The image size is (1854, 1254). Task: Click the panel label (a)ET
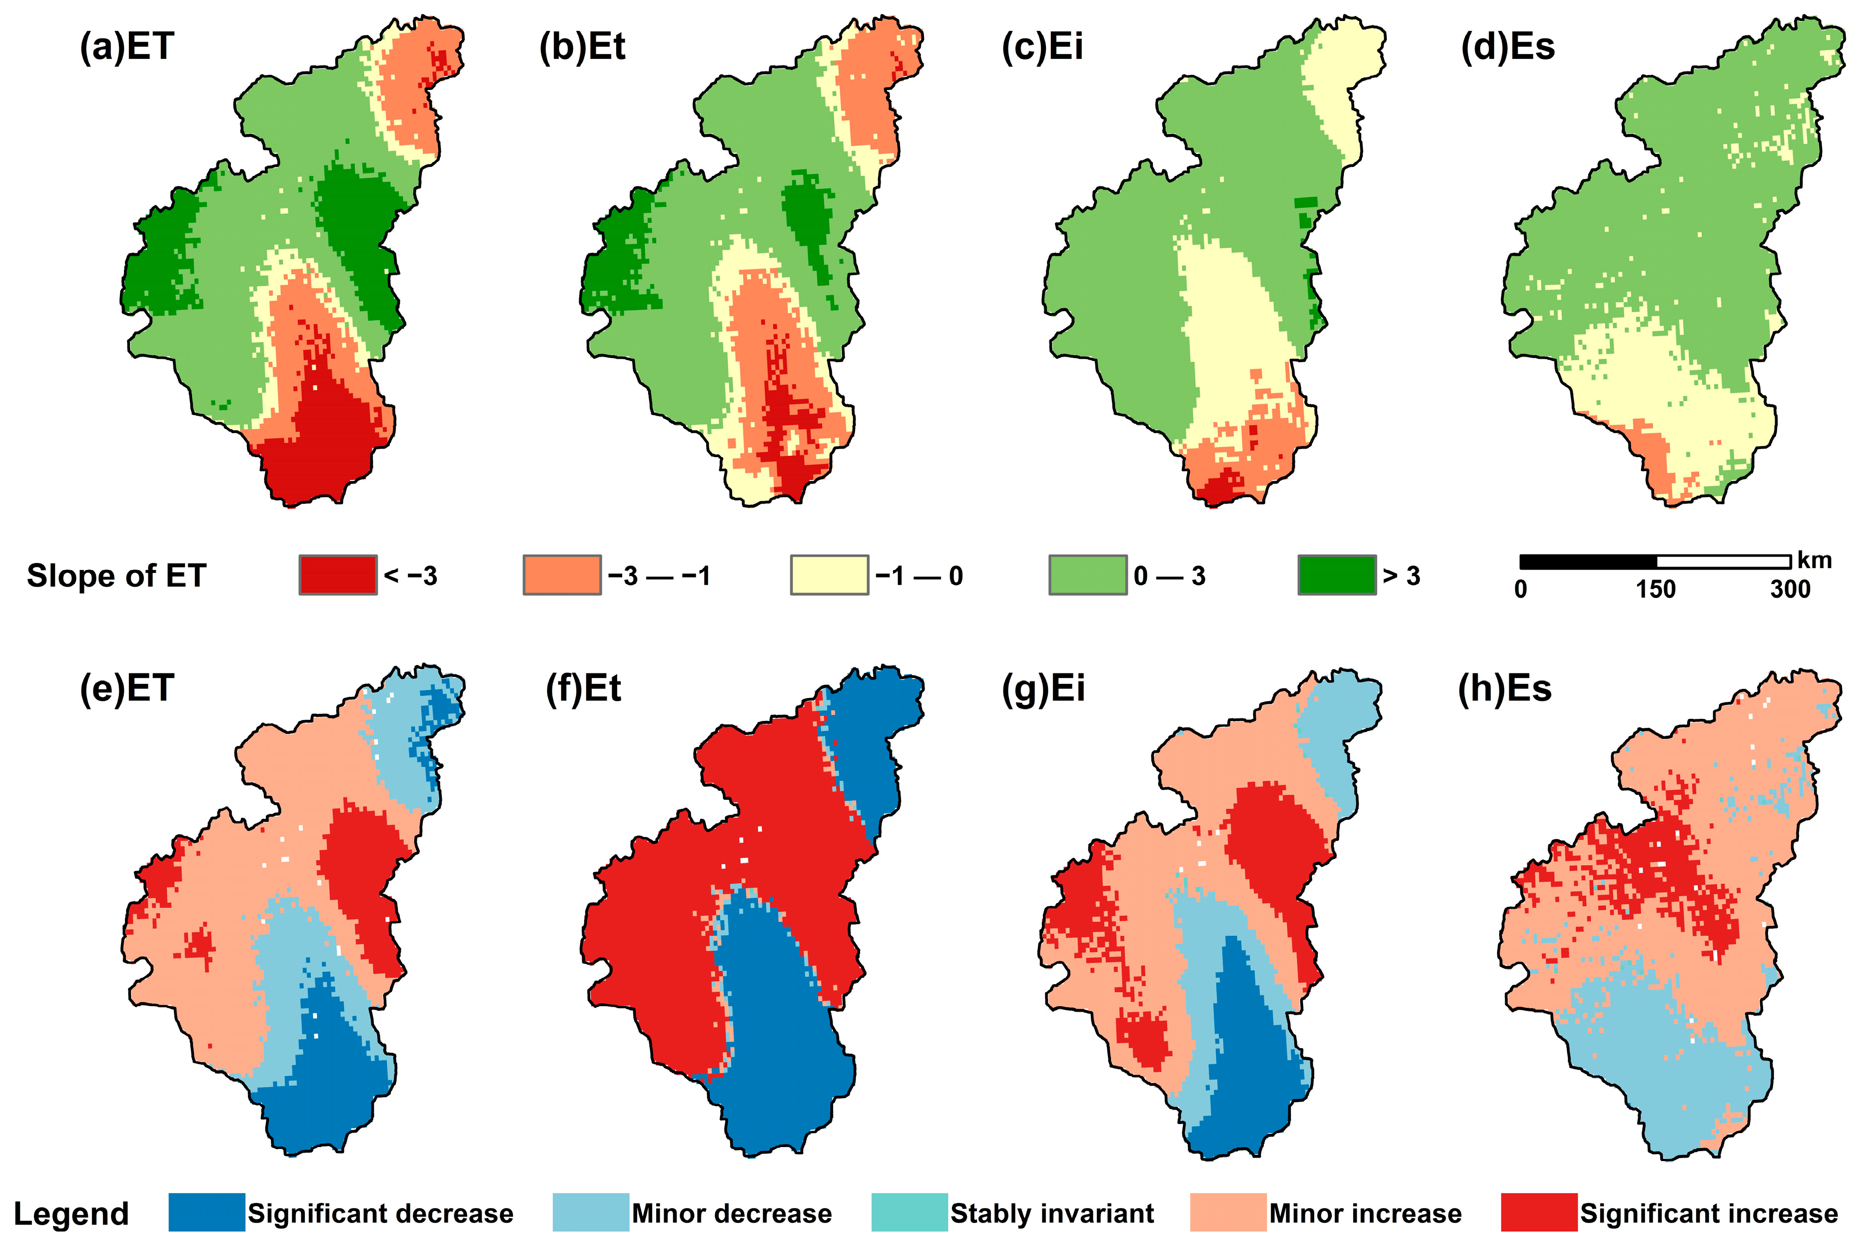pos(126,46)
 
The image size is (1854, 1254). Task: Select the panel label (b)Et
pos(582,46)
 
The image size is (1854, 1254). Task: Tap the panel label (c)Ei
pos(1042,46)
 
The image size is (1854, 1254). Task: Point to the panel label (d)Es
pos(1508,46)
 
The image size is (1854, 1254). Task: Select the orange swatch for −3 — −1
pos(562,575)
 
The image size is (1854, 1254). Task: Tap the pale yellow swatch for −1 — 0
pos(829,575)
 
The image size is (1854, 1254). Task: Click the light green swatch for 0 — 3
pos(1087,575)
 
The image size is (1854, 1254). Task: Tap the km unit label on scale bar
pos(1814,561)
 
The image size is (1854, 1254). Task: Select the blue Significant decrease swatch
pos(206,1213)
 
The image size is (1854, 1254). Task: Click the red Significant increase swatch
pos(1538,1213)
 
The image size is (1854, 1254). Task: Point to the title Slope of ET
pos(116,575)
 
